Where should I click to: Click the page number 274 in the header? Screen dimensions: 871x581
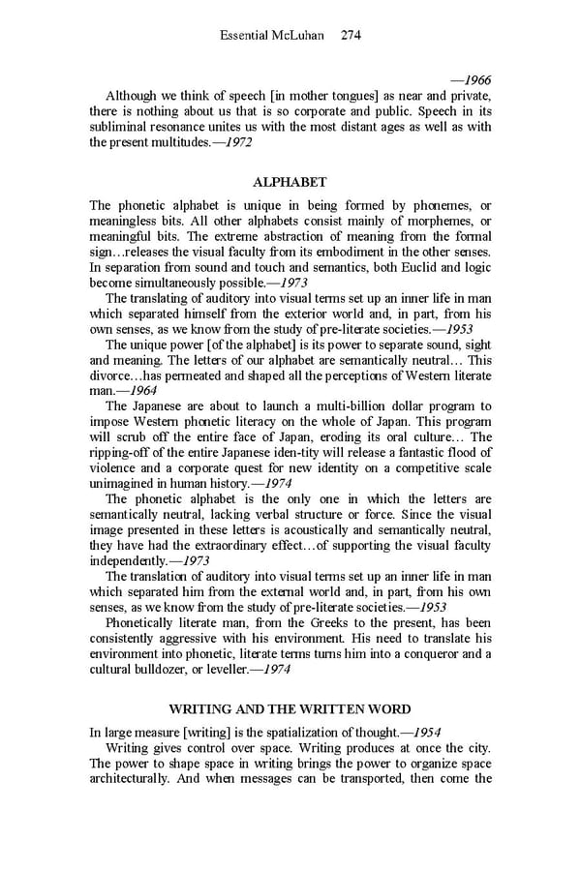(351, 36)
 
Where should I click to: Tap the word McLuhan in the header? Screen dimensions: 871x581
(303, 36)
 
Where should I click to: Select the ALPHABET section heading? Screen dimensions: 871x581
(290, 181)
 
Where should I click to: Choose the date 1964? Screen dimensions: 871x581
(128, 391)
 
